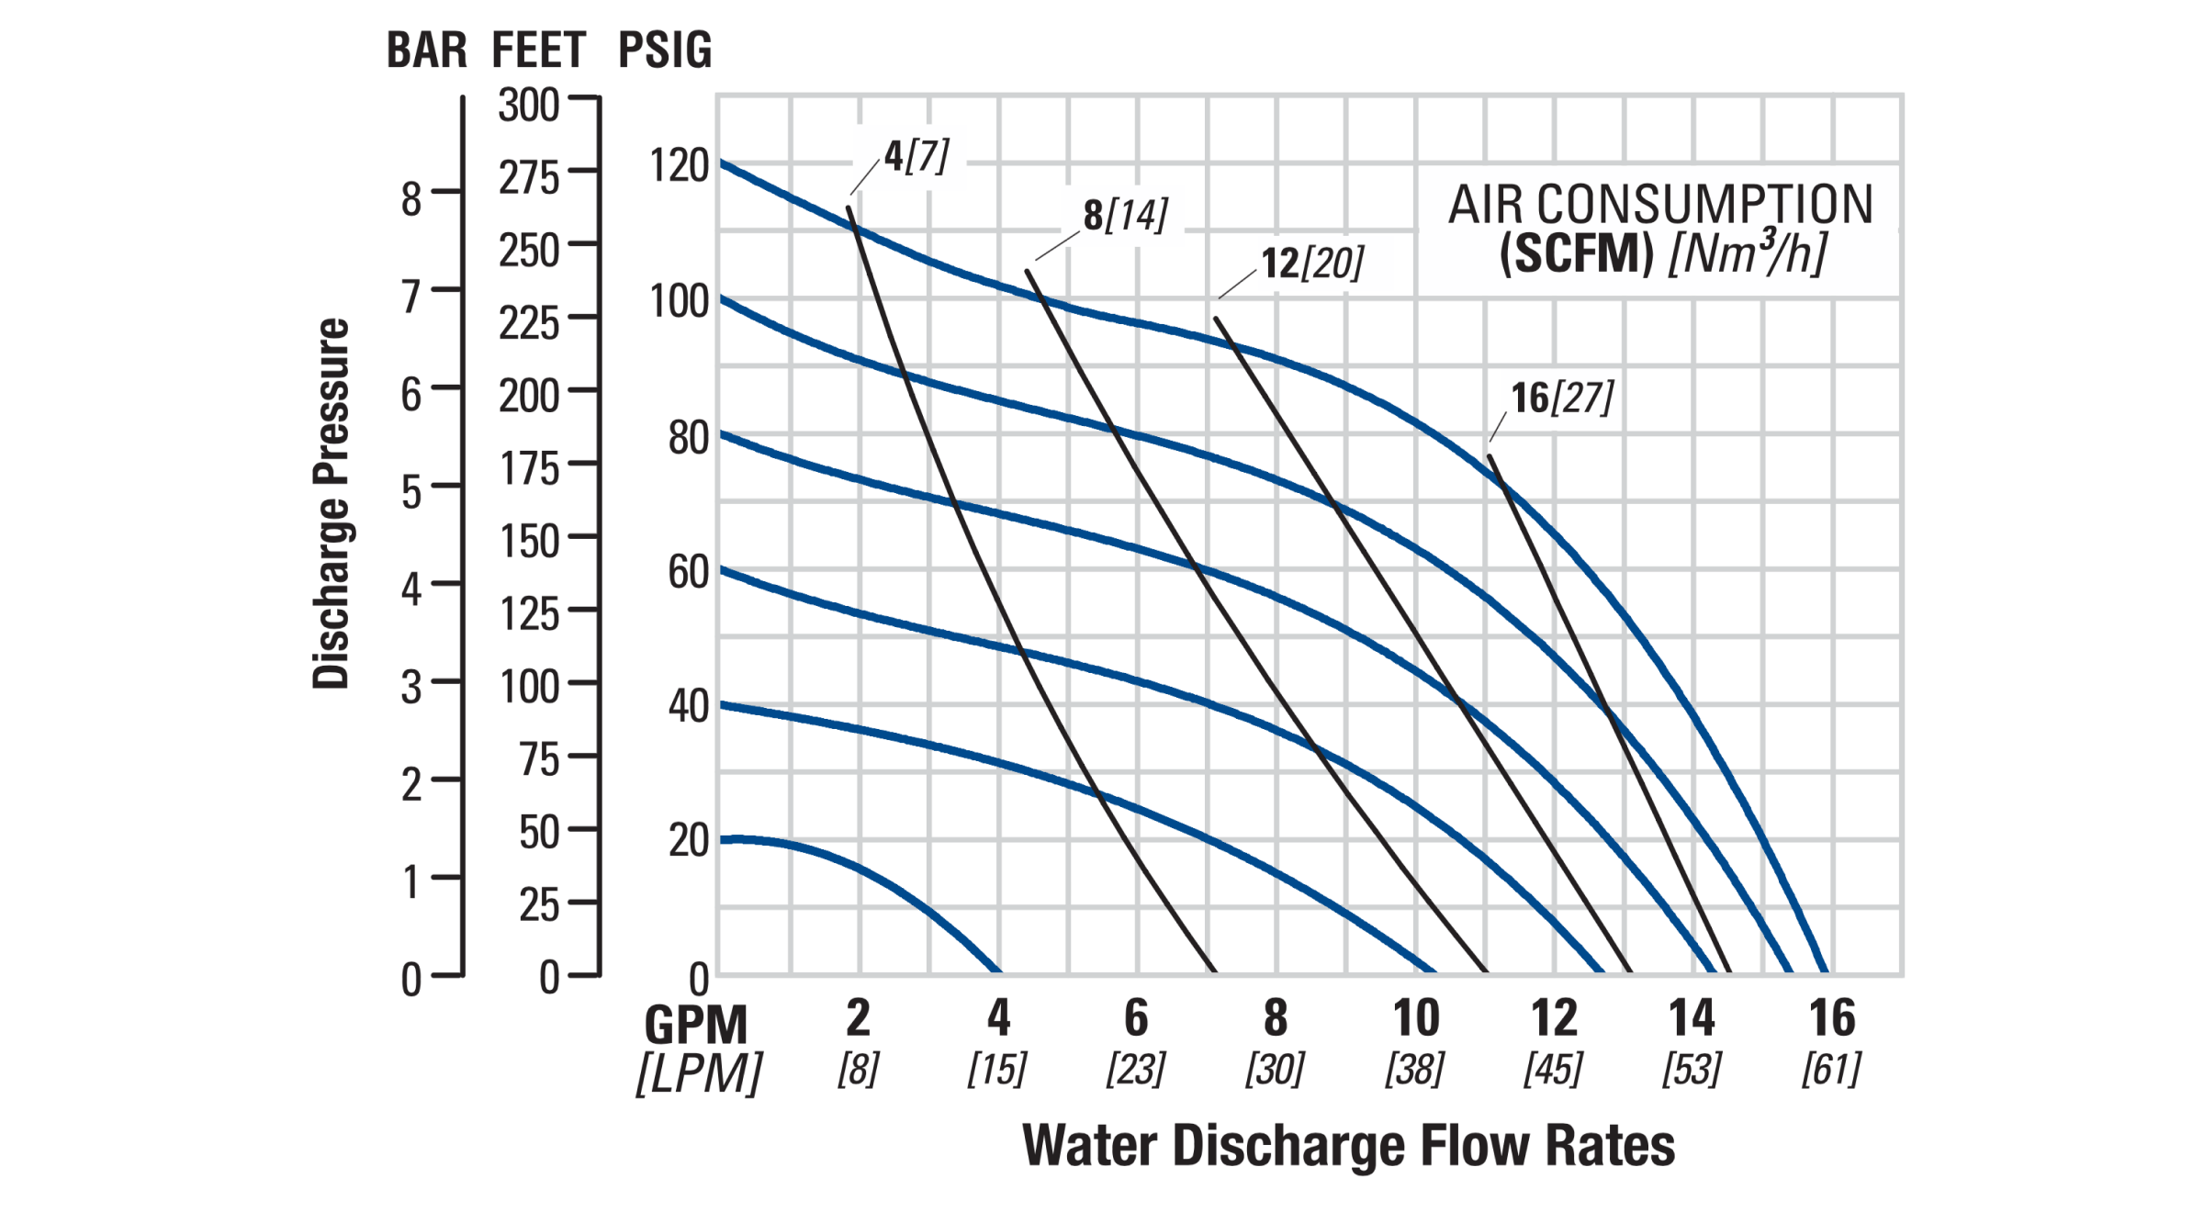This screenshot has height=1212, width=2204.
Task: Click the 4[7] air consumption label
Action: [x=916, y=156]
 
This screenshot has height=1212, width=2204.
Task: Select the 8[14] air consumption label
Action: [x=1125, y=215]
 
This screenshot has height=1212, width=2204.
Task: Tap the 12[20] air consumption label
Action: [x=1312, y=264]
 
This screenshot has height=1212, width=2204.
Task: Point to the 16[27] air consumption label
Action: [x=1562, y=398]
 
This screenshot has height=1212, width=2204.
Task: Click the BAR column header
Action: [x=426, y=50]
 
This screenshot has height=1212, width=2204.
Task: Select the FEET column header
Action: [x=538, y=50]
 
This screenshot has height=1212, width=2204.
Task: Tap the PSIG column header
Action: [x=665, y=50]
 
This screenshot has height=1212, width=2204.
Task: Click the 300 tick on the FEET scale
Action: [x=529, y=106]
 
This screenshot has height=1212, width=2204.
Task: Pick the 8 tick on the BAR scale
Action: [x=411, y=199]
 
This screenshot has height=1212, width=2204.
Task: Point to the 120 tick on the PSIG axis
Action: [x=680, y=166]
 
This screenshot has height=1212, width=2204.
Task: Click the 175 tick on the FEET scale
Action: [x=530, y=469]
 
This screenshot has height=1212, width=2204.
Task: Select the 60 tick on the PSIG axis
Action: [x=689, y=572]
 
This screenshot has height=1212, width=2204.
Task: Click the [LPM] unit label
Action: [x=699, y=1072]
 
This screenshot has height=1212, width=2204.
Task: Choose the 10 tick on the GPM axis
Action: [x=1416, y=1017]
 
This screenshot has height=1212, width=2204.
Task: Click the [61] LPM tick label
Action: [x=1831, y=1070]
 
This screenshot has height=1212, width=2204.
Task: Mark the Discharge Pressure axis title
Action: [x=332, y=503]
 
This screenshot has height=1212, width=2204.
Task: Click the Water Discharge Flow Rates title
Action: [x=1348, y=1146]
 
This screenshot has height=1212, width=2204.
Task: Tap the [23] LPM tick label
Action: [x=1136, y=1070]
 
